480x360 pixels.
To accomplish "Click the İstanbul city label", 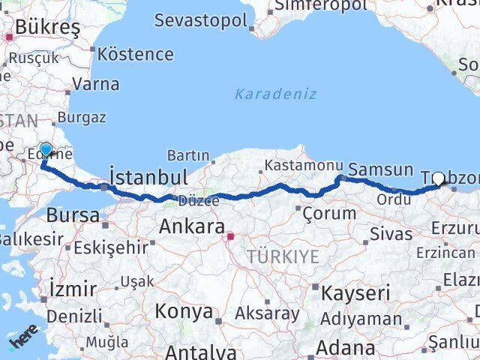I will coord(148,178).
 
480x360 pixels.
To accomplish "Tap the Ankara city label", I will coord(192,226).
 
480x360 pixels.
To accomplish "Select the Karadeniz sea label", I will coord(275,94).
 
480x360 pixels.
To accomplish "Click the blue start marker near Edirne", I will coord(46,150).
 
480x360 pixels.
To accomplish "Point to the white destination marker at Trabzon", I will coord(439,178).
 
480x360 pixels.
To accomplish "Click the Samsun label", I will coord(381,169).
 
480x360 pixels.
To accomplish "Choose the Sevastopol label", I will coord(200,19).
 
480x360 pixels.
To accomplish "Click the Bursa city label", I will coord(72,215).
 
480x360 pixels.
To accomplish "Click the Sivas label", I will coord(391,233).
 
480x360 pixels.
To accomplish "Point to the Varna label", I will coord(96,84).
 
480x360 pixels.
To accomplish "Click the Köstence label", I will coord(136,55).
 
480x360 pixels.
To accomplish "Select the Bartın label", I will coord(188,155).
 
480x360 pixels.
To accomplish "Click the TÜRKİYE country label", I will coord(284,256).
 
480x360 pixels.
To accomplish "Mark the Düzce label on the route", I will coord(199,200).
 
